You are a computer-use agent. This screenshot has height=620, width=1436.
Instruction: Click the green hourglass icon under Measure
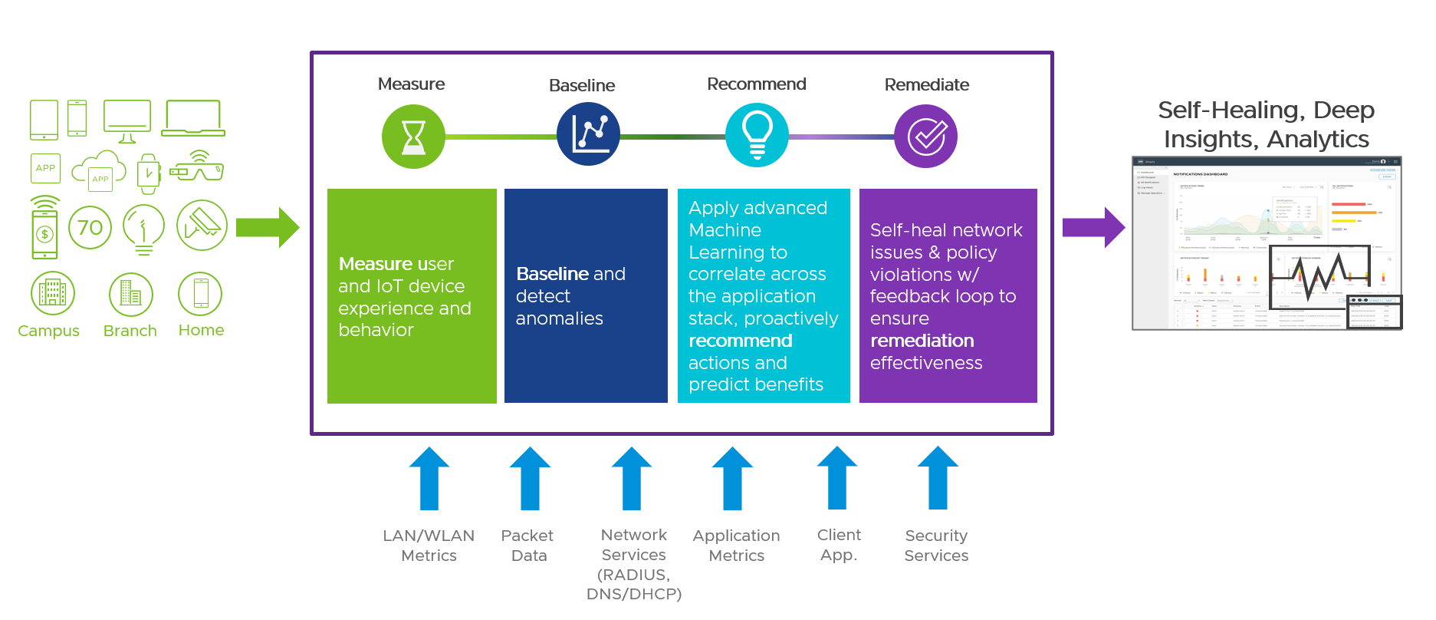413,137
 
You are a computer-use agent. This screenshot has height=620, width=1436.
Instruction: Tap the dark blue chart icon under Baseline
588,134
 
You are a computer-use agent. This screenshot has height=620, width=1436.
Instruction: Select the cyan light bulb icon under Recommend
757,135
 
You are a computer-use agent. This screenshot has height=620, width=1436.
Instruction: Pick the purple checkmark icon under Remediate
925,137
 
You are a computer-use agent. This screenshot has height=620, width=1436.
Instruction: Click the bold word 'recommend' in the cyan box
740,341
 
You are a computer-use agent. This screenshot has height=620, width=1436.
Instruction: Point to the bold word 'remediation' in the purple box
922,341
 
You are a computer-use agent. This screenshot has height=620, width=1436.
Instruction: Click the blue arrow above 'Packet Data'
530,479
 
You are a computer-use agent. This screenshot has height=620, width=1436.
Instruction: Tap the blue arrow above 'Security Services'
938,479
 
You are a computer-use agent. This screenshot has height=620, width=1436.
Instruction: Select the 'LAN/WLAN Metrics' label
429,546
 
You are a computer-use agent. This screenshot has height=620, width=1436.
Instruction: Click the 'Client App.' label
839,545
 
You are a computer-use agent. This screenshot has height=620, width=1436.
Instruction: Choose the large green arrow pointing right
267,227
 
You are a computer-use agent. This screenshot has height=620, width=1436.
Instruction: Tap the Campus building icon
53,293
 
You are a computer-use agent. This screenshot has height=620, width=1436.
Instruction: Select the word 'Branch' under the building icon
130,331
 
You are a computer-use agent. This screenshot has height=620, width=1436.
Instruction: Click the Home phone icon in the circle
200,294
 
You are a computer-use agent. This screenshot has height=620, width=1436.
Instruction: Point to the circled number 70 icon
90,227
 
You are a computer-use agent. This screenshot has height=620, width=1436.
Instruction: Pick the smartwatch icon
148,173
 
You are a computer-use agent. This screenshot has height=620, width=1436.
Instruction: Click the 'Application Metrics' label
736,546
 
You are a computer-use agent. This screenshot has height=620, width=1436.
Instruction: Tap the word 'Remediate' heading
926,84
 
